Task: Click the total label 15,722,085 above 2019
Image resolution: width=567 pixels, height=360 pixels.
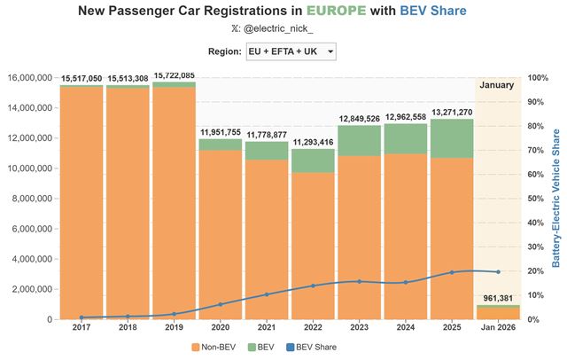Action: point(174,75)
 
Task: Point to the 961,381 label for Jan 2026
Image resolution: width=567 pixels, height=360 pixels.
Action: point(497,298)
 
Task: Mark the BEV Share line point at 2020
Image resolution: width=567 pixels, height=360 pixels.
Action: point(220,304)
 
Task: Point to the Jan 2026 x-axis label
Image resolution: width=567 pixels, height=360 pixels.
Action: point(497,329)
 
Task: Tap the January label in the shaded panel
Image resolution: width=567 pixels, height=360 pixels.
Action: point(497,85)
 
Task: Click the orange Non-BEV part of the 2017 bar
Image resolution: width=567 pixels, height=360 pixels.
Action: point(82,204)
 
